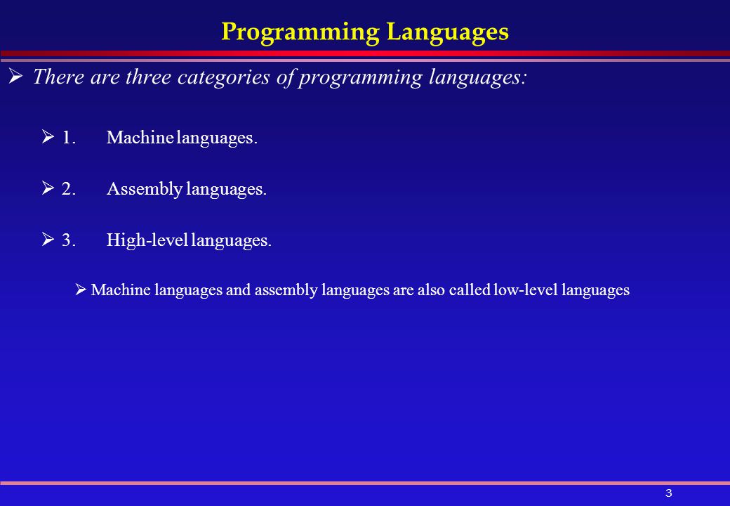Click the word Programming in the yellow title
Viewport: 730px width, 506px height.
point(300,32)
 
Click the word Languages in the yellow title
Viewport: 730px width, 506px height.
point(447,32)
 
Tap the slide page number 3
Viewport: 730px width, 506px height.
point(668,493)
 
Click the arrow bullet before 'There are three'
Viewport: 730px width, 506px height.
point(15,76)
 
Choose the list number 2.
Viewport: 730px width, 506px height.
point(69,188)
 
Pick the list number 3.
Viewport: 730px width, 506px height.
point(69,240)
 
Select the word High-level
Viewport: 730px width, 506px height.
point(147,240)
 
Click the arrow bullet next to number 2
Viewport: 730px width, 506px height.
point(48,188)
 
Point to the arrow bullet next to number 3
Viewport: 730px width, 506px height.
point(48,239)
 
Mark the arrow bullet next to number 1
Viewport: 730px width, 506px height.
point(48,136)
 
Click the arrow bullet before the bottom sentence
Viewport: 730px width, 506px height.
point(81,290)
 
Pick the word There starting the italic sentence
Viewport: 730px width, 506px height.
point(58,77)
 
